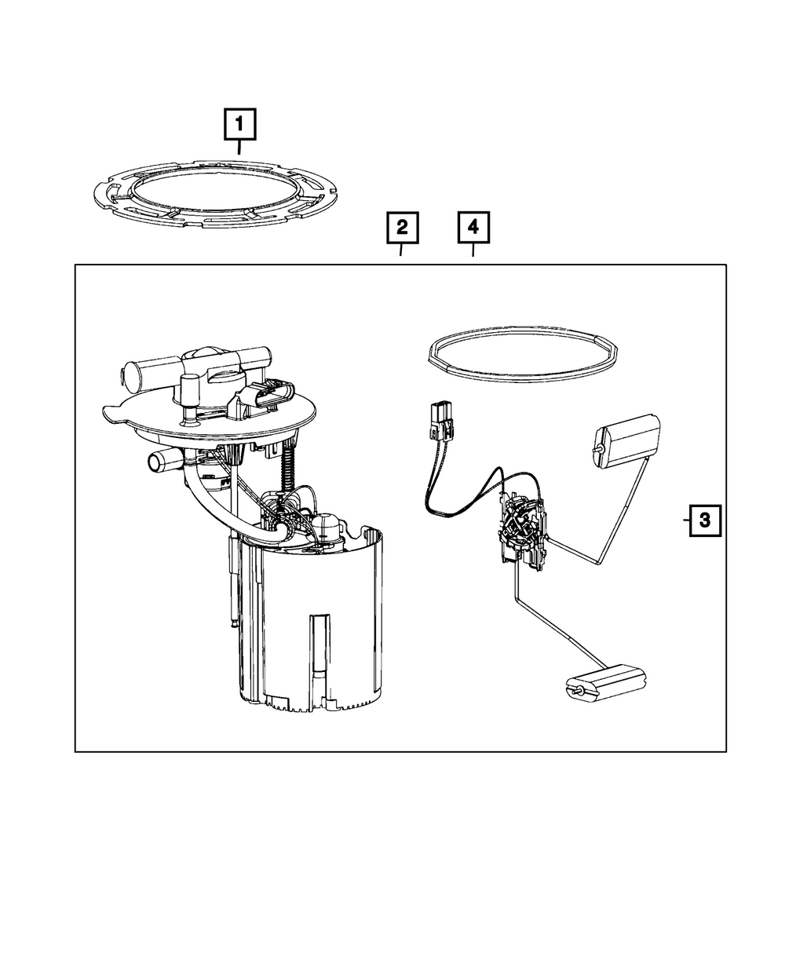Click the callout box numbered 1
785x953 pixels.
(240, 124)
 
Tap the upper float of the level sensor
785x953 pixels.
(628, 443)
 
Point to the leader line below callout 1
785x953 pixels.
(239, 147)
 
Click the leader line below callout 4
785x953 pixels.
(473, 250)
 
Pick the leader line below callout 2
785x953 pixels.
(402, 250)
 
